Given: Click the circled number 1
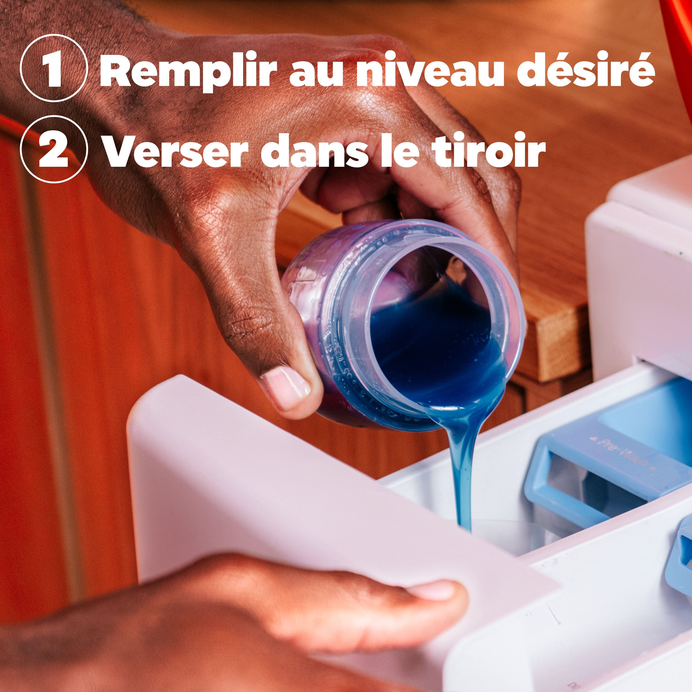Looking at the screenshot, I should coord(54,68).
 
